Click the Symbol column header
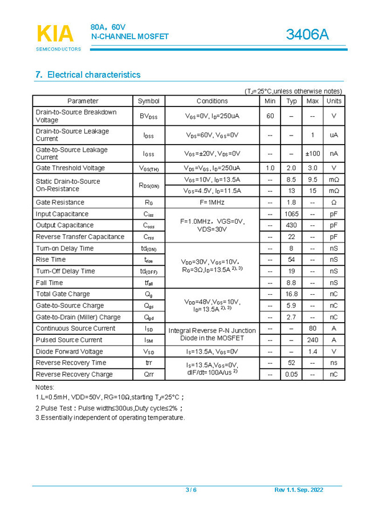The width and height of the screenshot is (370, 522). tap(149, 101)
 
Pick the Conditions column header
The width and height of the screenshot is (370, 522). tap(212, 101)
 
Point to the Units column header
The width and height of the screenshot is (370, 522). tap(334, 101)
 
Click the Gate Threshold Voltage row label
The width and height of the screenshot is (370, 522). tap(70, 168)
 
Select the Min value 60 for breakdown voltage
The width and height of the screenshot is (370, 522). tap(270, 116)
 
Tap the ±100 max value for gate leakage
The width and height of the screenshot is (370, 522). tap(312, 154)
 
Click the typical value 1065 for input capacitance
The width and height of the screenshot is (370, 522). tap(291, 214)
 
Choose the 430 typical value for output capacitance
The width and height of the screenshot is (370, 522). tap(291, 225)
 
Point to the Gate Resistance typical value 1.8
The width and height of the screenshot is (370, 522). tap(291, 202)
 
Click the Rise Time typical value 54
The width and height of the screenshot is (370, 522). tap(291, 260)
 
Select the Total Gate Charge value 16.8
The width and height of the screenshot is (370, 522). tap(291, 294)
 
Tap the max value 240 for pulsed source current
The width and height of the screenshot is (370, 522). tap(312, 340)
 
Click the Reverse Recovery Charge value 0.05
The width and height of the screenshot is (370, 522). tap(291, 375)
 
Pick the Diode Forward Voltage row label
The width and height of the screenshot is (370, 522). tap(70, 351)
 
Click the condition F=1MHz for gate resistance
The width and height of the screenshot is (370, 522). tap(212, 202)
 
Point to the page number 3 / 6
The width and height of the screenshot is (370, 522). tap(191, 490)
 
